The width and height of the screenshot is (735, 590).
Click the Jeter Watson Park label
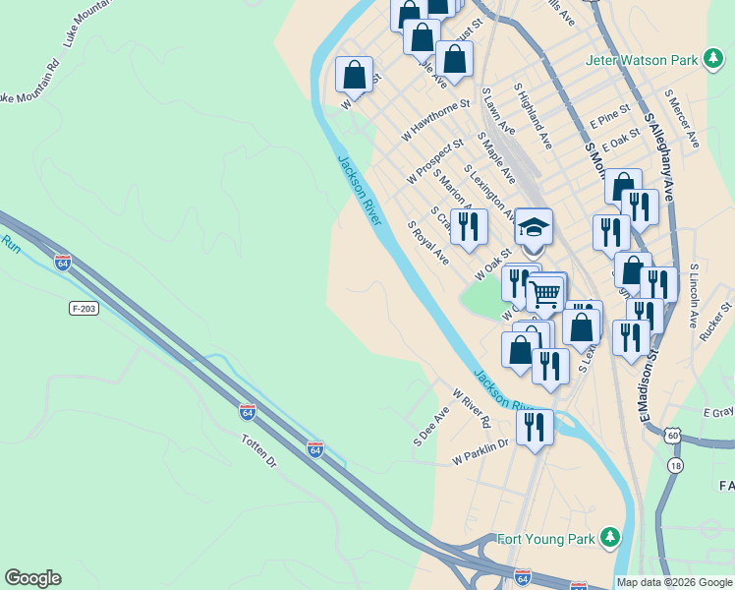click(x=641, y=60)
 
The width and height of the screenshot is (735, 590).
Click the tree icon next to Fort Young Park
click(x=610, y=537)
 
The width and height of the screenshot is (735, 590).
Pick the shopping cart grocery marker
click(x=545, y=293)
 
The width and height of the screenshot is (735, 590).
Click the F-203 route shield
click(x=85, y=309)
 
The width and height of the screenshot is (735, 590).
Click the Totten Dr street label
click(x=260, y=453)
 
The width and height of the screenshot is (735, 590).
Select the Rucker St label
click(x=716, y=323)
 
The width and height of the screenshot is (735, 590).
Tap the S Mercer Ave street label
click(x=682, y=118)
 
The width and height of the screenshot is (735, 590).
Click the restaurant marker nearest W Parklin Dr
click(x=535, y=427)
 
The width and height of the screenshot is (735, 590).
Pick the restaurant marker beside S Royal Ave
click(x=470, y=226)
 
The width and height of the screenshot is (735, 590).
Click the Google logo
click(x=32, y=578)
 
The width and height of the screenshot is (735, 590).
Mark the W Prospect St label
click(x=434, y=160)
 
